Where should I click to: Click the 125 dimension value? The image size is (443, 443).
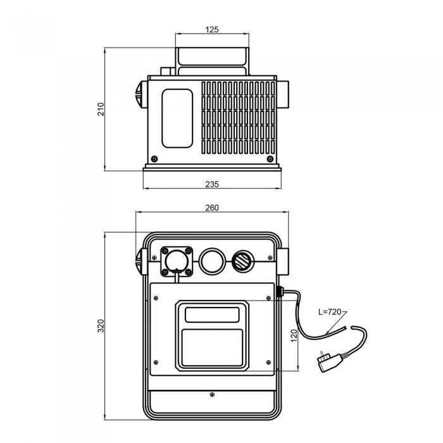212,29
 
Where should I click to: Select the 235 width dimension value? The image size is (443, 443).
212,184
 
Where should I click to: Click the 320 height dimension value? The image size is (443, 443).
100,326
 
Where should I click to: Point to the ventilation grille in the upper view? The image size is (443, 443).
239,118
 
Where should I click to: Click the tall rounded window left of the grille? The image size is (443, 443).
177,118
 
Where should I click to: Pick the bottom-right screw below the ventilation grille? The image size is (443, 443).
269,158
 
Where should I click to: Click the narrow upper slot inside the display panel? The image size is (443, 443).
212,314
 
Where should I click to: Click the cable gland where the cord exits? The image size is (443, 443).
279,294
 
